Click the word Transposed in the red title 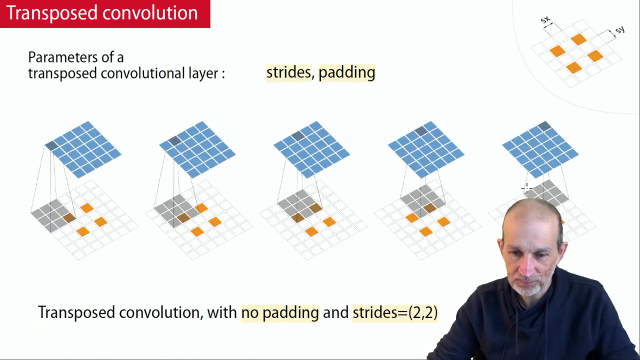pyautogui.click(x=51, y=13)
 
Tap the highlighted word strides pyautogui.click(x=288, y=72)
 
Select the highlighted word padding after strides pyautogui.click(x=346, y=73)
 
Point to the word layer pyautogui.click(x=203, y=73)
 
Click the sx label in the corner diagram pyautogui.click(x=545, y=19)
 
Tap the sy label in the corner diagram pyautogui.click(x=619, y=29)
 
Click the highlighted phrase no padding pyautogui.click(x=280, y=313)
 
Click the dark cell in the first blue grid pyautogui.click(x=51, y=145)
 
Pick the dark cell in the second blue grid pyautogui.click(x=174, y=140)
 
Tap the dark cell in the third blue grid pyautogui.click(x=297, y=136)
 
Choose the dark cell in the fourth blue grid pyautogui.click(x=421, y=131)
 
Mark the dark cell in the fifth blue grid pyautogui.click(x=544, y=126)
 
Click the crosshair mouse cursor pyautogui.click(x=526, y=189)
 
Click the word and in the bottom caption pyautogui.click(x=335, y=312)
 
